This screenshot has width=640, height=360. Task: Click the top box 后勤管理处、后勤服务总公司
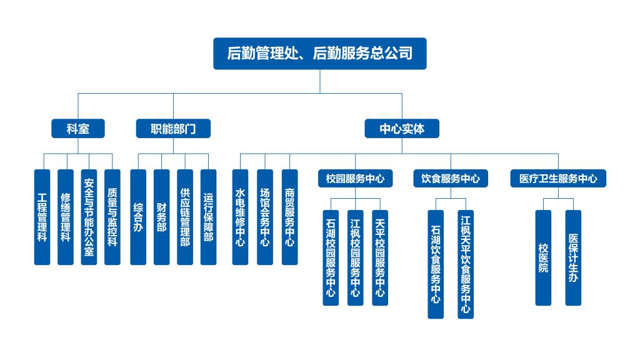point(319,53)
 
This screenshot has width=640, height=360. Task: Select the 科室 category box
point(78,129)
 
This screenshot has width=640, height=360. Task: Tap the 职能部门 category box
point(173,129)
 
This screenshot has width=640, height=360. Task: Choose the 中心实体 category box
point(402,129)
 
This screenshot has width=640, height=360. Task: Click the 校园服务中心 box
point(355,178)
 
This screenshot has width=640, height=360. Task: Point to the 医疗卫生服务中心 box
point(558,178)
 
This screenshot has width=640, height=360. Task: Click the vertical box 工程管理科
point(42,217)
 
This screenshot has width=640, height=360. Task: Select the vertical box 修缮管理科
point(66,217)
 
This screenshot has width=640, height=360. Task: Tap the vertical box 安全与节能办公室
point(89,217)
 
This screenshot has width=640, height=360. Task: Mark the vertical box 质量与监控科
point(112,217)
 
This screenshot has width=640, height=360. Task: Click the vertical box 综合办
point(138,217)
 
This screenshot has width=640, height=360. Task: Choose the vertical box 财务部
point(162,217)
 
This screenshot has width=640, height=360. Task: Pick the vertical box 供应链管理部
point(185,217)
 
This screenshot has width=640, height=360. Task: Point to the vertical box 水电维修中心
point(240,217)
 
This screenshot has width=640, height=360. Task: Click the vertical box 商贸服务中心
point(289,217)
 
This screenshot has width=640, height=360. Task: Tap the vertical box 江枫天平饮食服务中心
point(466,264)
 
